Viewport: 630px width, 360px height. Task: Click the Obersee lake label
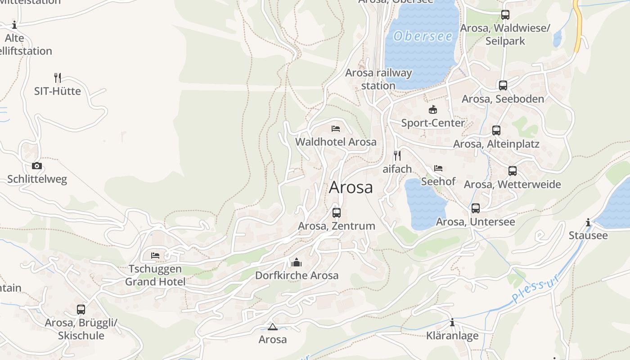coord(423,36)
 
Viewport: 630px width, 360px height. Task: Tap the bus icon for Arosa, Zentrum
coord(337,213)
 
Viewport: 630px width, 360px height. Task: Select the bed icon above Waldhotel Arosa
coord(336,129)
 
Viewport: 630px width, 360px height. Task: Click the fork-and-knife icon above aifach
coord(397,156)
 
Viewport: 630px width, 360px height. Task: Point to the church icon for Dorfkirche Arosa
coord(296,262)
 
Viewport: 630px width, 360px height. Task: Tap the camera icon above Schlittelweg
coord(37,166)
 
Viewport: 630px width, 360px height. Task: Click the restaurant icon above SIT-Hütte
coord(58,78)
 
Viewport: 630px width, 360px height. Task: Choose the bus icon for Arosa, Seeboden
coord(503,85)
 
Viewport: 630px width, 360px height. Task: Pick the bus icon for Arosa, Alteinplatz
coord(496,130)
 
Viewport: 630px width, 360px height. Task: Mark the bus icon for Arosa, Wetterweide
coord(512,171)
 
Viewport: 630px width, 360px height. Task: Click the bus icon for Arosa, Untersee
coord(476,208)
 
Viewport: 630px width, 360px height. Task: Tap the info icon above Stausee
coord(588,222)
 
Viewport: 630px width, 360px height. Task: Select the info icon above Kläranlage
coord(452,322)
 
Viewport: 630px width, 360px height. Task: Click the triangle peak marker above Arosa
coord(272,326)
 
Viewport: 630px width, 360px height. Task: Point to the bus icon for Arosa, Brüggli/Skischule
coord(81,310)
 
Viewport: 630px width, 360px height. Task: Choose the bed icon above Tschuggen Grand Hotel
coord(155,256)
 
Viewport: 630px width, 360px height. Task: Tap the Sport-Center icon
coord(432,109)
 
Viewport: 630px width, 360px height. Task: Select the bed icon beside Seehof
coord(438,168)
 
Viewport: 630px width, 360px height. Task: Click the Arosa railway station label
coord(378,79)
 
